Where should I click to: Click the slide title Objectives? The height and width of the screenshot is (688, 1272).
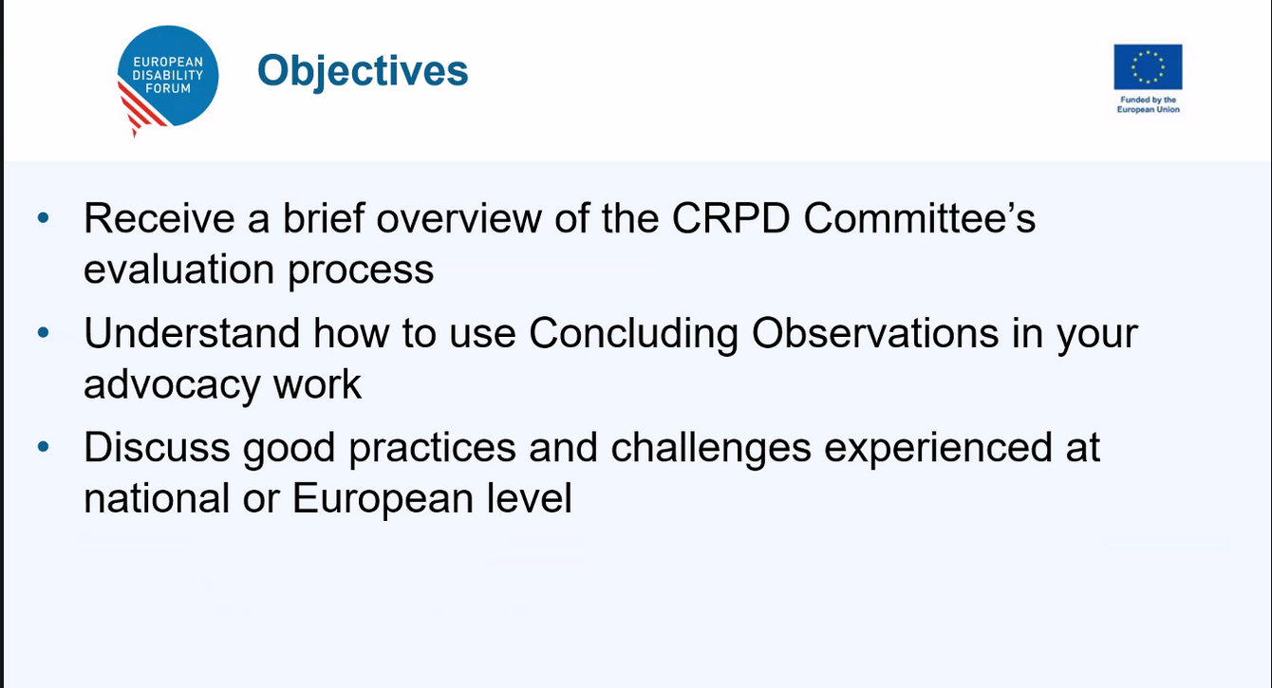click(363, 71)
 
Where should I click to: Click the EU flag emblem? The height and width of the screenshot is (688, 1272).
click(1148, 67)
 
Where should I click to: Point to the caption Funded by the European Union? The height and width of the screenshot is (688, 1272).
click(1148, 104)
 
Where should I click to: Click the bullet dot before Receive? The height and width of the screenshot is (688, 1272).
click(43, 217)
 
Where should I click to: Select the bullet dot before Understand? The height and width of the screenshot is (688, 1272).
click(43, 332)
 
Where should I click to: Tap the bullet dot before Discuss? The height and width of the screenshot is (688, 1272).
click(43, 447)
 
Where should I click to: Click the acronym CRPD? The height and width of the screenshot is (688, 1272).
click(731, 218)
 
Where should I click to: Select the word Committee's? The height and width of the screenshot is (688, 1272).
click(920, 218)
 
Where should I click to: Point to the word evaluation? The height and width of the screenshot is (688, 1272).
click(178, 270)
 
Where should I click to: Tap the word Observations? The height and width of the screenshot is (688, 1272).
click(875, 333)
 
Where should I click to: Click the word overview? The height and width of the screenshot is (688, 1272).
click(458, 218)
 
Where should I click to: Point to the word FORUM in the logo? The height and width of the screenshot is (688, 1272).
click(168, 88)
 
